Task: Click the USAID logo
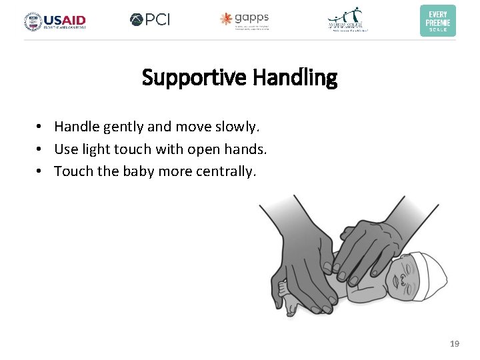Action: click(55, 21)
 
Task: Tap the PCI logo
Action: click(150, 20)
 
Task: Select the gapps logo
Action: click(245, 20)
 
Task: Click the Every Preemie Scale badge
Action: click(437, 21)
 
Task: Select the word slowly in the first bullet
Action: click(237, 126)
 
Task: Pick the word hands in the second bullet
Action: click(247, 149)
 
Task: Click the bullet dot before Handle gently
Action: click(41, 126)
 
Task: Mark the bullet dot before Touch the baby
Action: click(41, 171)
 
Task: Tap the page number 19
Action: click(455, 344)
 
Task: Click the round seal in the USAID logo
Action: click(33, 21)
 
